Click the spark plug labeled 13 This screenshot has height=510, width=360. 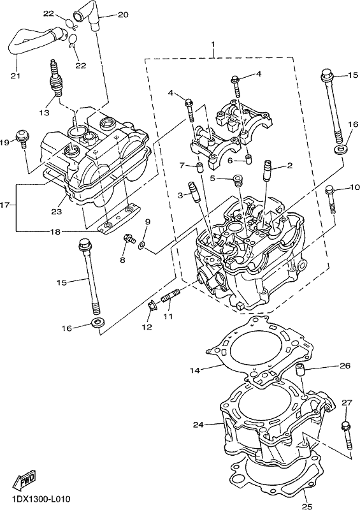tap(55, 77)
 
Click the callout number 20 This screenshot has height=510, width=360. tap(123, 15)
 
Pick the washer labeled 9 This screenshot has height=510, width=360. tap(142, 245)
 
